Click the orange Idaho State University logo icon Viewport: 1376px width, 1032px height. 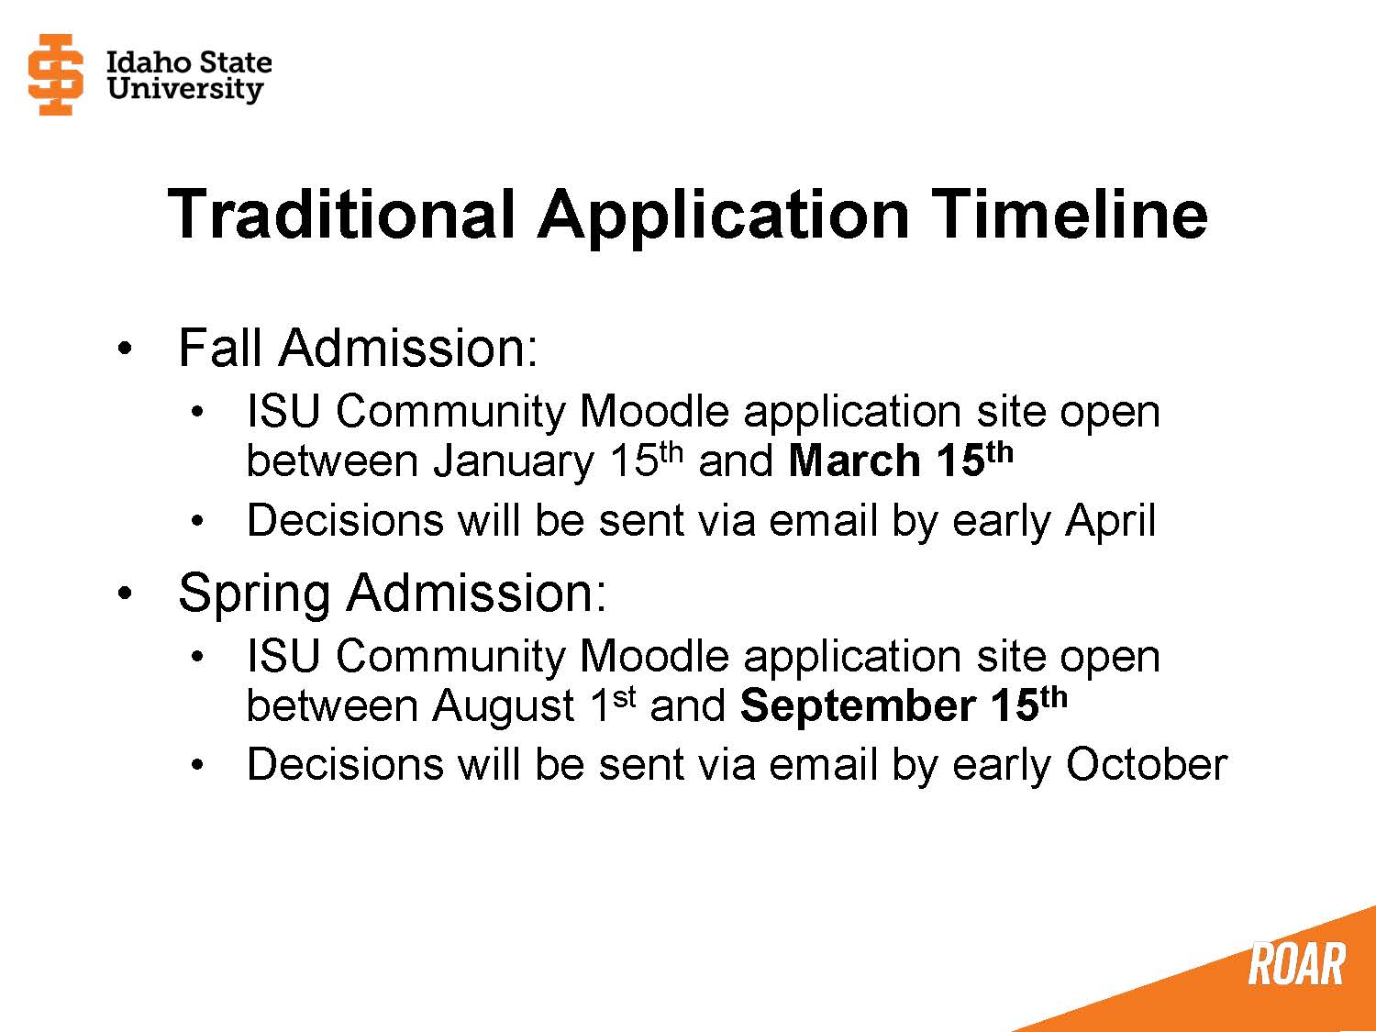tap(56, 75)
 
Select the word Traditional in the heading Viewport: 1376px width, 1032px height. tap(341, 215)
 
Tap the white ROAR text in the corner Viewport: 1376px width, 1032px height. tap(1296, 964)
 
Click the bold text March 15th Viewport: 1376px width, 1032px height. tap(900, 460)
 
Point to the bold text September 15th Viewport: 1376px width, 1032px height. tap(903, 705)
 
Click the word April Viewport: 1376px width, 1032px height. tap(1110, 521)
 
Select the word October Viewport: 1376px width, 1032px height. tap(1146, 764)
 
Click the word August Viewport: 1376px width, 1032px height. tap(504, 705)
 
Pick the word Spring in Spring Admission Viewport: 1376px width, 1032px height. tap(253, 594)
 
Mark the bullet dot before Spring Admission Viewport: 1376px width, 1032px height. tap(125, 594)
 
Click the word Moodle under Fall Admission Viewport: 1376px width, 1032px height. tap(654, 411)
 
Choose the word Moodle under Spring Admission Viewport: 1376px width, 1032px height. tap(654, 656)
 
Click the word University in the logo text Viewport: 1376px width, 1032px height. tap(184, 89)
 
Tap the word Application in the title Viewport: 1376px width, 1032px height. tap(723, 215)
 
